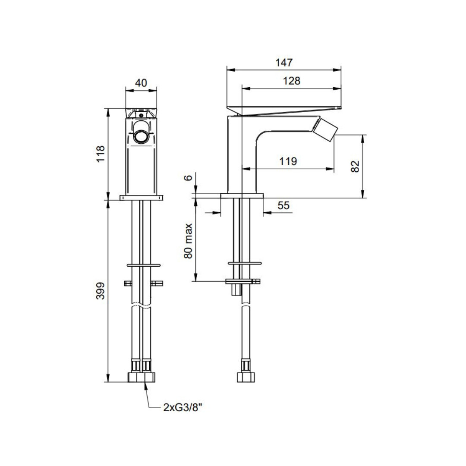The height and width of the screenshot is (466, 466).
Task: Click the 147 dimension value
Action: coord(284,63)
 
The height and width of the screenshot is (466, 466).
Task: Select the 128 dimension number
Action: coord(291,81)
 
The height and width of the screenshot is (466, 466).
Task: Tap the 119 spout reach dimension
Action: coord(288,161)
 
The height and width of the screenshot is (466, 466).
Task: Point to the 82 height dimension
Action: coord(355,167)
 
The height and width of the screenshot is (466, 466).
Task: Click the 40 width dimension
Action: coord(141,82)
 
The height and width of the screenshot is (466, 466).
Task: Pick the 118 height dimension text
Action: coord(101,154)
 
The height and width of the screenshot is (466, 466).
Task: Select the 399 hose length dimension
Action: coord(101,291)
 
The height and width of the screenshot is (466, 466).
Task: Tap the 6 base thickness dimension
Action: coord(189,178)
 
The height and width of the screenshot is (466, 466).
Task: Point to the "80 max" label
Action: coord(189,241)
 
